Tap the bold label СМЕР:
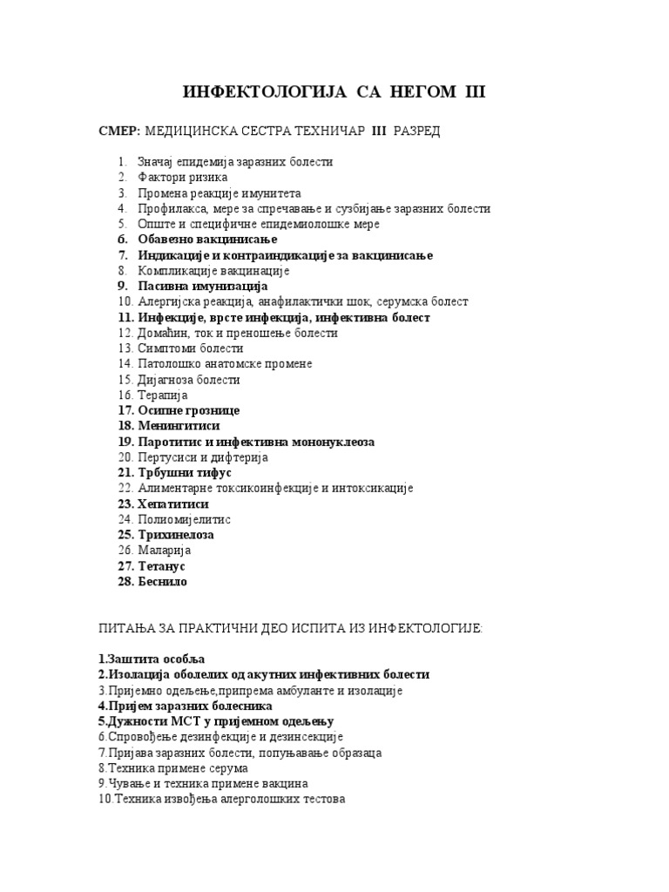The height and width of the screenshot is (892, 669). click(118, 131)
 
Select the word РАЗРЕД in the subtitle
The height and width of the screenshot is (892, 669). click(416, 131)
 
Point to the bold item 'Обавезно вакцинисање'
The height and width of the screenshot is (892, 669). click(207, 240)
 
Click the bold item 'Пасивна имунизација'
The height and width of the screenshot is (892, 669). click(203, 287)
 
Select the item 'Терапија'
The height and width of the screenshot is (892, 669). click(163, 395)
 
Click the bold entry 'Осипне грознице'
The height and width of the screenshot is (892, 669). click(188, 410)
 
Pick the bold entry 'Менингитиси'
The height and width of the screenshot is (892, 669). click(179, 426)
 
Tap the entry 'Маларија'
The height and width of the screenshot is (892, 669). click(165, 551)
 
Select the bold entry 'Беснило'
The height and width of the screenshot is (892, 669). click(163, 582)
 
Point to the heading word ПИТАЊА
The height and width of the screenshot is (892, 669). click(125, 628)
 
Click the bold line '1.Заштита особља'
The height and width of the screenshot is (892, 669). click(152, 659)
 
